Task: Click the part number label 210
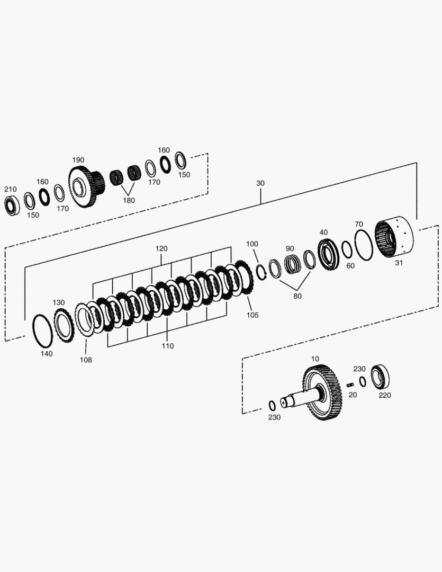point(10,189)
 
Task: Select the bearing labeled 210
point(12,205)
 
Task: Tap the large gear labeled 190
point(86,186)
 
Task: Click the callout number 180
point(129,200)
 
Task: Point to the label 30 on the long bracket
point(260,183)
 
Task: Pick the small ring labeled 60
point(346,249)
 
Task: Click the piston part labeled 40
point(328,254)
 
